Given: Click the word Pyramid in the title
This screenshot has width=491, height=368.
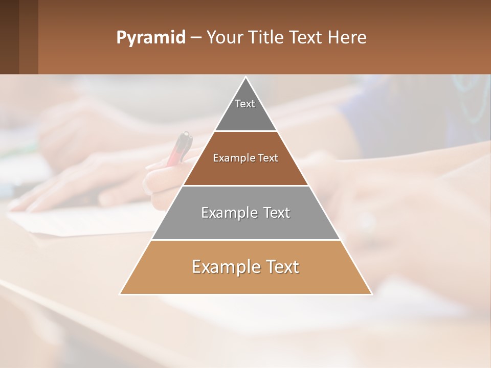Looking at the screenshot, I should [150, 37].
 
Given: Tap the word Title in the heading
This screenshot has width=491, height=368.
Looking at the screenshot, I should [267, 37].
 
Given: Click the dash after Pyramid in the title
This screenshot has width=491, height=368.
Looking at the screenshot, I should [195, 38].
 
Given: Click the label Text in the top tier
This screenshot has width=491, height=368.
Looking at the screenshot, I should [245, 104].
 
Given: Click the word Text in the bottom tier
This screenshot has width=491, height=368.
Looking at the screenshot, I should [281, 267].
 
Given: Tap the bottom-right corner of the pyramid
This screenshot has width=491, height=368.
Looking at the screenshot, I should [371, 294].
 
